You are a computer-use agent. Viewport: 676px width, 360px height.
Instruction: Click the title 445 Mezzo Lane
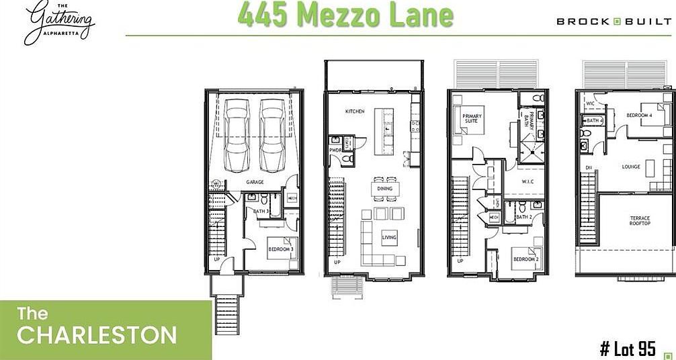345,15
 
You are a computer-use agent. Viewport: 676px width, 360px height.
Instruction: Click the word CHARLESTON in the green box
97,334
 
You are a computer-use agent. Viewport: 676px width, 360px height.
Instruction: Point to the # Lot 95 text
627,348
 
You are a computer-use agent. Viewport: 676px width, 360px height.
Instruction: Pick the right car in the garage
273,136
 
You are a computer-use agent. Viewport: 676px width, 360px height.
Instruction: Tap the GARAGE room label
254,182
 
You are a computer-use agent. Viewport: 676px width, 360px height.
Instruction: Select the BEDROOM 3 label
279,249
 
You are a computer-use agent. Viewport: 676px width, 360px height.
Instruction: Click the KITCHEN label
355,111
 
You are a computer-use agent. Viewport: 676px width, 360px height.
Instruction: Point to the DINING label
384,189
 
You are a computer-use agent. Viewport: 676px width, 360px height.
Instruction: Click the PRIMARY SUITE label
472,119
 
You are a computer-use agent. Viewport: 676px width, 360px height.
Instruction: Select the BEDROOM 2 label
525,259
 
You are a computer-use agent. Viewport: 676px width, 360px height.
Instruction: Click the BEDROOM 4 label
639,116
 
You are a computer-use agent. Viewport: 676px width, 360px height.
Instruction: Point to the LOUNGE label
631,167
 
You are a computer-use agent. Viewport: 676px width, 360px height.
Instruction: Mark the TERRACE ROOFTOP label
639,222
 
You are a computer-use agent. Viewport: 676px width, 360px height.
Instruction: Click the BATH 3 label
261,212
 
